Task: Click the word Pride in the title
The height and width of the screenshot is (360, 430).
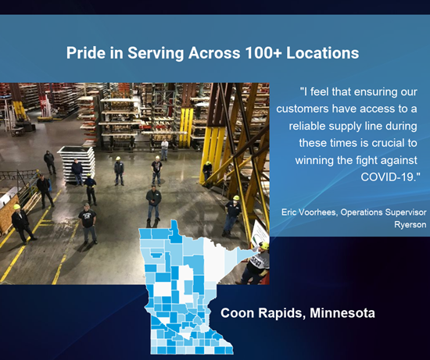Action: [x=85, y=52]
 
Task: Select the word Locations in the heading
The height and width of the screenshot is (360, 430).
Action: [x=322, y=52]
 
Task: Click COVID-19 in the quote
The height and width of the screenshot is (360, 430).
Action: [x=390, y=177]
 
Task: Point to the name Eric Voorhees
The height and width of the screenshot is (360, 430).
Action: [x=309, y=212]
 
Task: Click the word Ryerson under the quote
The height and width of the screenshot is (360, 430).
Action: [x=410, y=225]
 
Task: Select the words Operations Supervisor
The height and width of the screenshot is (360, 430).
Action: [x=383, y=212]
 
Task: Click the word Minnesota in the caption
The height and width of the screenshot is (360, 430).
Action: [x=342, y=313]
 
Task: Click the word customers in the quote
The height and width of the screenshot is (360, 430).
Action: [x=303, y=109]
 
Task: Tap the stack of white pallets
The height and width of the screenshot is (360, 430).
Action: [x=77, y=164]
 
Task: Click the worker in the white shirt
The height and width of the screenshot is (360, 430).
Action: [x=164, y=150]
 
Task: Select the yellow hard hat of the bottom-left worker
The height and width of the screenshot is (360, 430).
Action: [x=17, y=207]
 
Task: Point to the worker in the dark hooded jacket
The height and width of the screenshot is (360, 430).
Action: [x=49, y=162]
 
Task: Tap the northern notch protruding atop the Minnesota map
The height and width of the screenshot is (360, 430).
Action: [x=174, y=225]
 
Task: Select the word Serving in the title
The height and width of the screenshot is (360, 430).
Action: [x=156, y=52]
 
